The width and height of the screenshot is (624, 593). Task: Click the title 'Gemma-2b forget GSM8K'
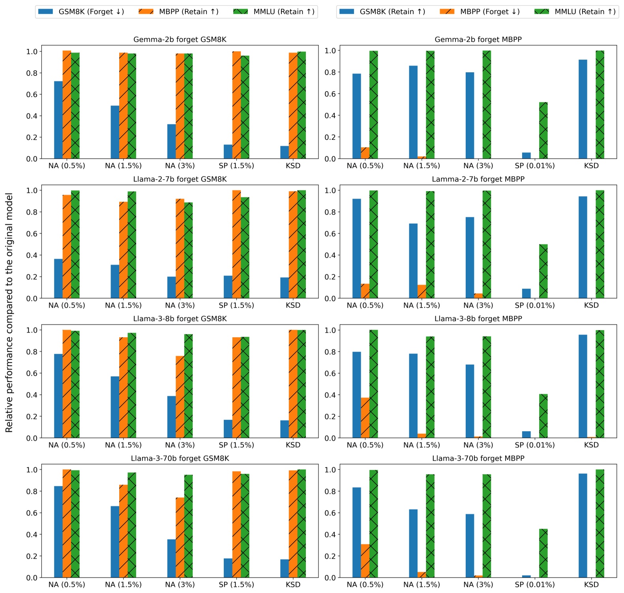point(180,39)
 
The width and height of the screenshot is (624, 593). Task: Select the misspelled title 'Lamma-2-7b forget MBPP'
point(478,179)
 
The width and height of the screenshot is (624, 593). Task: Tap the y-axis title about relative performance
point(9,312)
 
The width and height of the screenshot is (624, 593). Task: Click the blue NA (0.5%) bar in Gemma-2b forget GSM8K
point(58,120)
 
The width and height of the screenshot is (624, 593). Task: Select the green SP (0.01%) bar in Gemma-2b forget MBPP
point(543,131)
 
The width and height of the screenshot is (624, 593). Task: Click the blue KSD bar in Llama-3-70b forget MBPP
point(583,525)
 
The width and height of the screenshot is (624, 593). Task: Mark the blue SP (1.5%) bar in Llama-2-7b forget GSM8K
point(228,287)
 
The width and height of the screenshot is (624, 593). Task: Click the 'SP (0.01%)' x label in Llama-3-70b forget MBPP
point(534,585)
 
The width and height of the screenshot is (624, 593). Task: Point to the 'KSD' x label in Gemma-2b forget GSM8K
point(293,166)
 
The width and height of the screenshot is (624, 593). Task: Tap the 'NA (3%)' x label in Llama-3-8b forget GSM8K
point(180,445)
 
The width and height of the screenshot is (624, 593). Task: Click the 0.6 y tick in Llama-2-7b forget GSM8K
point(32,234)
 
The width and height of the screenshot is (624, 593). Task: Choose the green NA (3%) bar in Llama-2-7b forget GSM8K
point(188,250)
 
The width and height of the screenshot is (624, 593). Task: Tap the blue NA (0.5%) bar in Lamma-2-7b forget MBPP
point(356,248)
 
